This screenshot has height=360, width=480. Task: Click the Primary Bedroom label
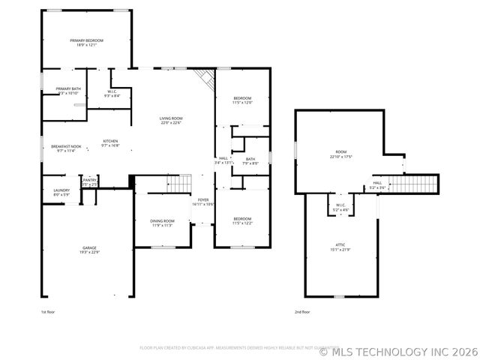86,40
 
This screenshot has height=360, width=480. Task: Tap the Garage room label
89,247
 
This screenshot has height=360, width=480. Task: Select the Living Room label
170,118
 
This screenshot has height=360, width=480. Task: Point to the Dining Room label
163,220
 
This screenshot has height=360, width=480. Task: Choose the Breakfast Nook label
65,146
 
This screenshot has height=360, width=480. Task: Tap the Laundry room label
61,190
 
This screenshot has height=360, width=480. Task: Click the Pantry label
90,180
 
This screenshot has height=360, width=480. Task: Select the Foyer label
203,199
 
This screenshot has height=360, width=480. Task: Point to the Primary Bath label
67,88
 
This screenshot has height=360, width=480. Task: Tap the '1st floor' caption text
48,311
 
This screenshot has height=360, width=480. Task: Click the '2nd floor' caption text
303,311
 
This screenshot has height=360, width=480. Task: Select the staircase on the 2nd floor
413,183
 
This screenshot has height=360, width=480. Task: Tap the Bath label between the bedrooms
250,158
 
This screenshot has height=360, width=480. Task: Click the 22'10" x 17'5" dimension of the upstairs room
340,157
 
